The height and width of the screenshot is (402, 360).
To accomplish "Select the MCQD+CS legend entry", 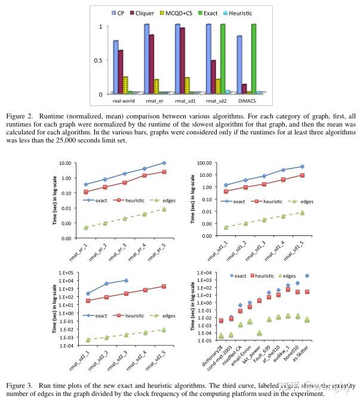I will (x=192, y=12).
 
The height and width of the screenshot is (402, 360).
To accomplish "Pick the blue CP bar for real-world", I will (x=115, y=67).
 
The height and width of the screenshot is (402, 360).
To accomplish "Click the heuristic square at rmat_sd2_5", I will (x=164, y=287).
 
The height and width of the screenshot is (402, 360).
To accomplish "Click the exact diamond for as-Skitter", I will (x=307, y=276).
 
